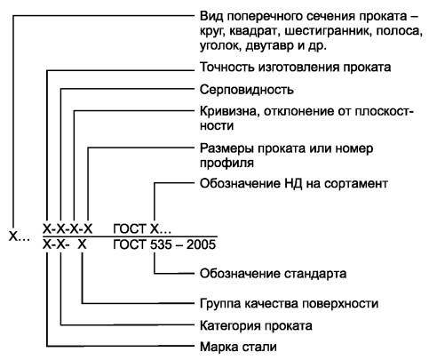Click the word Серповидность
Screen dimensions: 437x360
point(247,90)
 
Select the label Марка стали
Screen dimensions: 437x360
point(238,347)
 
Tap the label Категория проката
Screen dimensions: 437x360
point(256,325)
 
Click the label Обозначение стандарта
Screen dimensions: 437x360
point(273,274)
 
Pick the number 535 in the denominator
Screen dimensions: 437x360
point(162,244)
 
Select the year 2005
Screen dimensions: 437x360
point(201,244)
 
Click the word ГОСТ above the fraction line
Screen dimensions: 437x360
point(130,228)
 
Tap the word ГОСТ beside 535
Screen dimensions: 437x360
point(130,244)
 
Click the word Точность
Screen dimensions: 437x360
point(227,68)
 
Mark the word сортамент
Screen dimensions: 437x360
point(356,184)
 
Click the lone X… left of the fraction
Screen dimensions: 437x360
point(20,236)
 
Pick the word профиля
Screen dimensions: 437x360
point(226,164)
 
